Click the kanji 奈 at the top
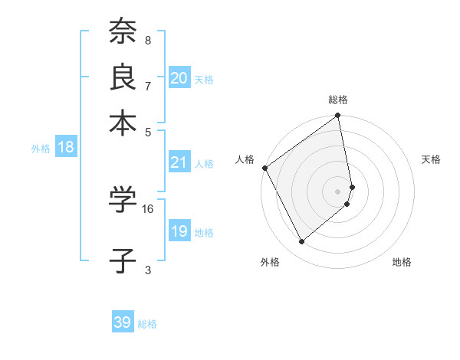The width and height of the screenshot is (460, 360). pos(123,32)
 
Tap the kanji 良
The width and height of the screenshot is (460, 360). pos(123,77)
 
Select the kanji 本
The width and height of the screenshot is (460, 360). pos(123,122)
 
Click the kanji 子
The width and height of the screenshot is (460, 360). pos(123,260)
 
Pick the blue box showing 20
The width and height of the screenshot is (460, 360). pos(179,78)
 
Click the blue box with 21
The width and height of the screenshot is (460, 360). pos(179,162)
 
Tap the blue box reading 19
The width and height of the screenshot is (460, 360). pos(179,231)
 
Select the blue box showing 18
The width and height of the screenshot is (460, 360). pos(66,147)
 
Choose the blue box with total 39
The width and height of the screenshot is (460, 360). pos(123,322)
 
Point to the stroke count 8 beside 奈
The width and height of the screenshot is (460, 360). pos(148,40)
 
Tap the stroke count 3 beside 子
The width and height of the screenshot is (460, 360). pos(148,269)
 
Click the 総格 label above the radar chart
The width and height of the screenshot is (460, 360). pos(338,100)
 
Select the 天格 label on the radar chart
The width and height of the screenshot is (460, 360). pos(432,159)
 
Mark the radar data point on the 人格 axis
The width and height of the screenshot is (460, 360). pos(264,168)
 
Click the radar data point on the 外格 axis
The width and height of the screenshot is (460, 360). pos(301,242)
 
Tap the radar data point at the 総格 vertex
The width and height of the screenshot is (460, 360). pos(338,116)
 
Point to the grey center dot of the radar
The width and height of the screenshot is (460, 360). pos(338,191)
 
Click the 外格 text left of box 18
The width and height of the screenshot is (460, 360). pos(41,149)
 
